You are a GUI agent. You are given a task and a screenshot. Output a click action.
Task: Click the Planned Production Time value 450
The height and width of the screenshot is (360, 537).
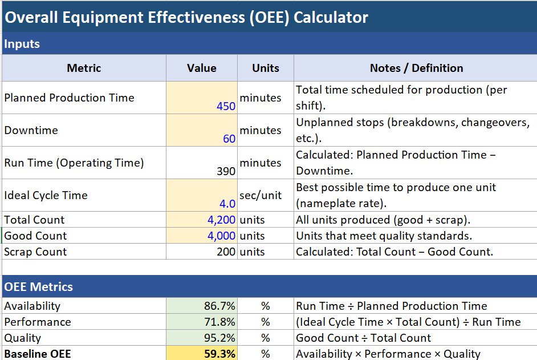(x=226, y=106)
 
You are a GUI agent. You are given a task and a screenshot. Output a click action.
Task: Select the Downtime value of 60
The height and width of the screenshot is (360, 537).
(x=229, y=139)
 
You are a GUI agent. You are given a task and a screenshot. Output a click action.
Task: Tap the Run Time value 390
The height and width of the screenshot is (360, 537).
(x=226, y=171)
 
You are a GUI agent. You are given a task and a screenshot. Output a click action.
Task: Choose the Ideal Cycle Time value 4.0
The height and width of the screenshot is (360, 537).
(x=227, y=204)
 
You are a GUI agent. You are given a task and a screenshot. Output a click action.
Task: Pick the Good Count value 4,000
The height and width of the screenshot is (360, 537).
(x=222, y=236)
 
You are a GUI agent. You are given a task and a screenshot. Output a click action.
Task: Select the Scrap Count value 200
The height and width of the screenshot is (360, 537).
(x=226, y=252)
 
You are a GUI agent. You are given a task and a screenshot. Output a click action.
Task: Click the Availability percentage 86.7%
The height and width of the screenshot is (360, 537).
(x=219, y=306)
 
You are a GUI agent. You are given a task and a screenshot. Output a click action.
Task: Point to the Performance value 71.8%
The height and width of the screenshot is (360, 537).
(x=219, y=322)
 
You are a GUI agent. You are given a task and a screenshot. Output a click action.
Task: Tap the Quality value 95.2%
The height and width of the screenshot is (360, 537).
(x=219, y=338)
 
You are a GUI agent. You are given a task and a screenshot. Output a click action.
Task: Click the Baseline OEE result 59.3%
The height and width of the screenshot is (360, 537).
(x=219, y=354)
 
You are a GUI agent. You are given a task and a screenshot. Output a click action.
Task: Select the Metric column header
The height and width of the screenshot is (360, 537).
(x=84, y=68)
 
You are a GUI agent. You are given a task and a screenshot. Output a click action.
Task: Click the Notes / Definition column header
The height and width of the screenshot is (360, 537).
(x=416, y=68)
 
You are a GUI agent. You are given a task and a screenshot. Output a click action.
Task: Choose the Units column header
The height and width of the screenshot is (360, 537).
(x=266, y=68)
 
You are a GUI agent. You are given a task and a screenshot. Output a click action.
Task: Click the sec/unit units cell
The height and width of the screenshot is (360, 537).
(x=261, y=195)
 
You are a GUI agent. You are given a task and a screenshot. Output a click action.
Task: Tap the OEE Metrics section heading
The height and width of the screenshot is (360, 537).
(x=39, y=287)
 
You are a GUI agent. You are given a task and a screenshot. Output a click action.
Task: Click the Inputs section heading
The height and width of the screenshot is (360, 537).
(x=22, y=44)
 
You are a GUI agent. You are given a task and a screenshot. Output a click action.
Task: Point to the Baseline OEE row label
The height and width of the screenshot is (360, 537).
(x=38, y=354)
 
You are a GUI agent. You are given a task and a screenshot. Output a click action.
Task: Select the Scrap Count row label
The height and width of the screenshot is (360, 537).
(x=35, y=252)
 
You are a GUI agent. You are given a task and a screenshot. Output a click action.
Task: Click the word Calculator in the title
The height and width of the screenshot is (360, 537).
(x=331, y=18)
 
